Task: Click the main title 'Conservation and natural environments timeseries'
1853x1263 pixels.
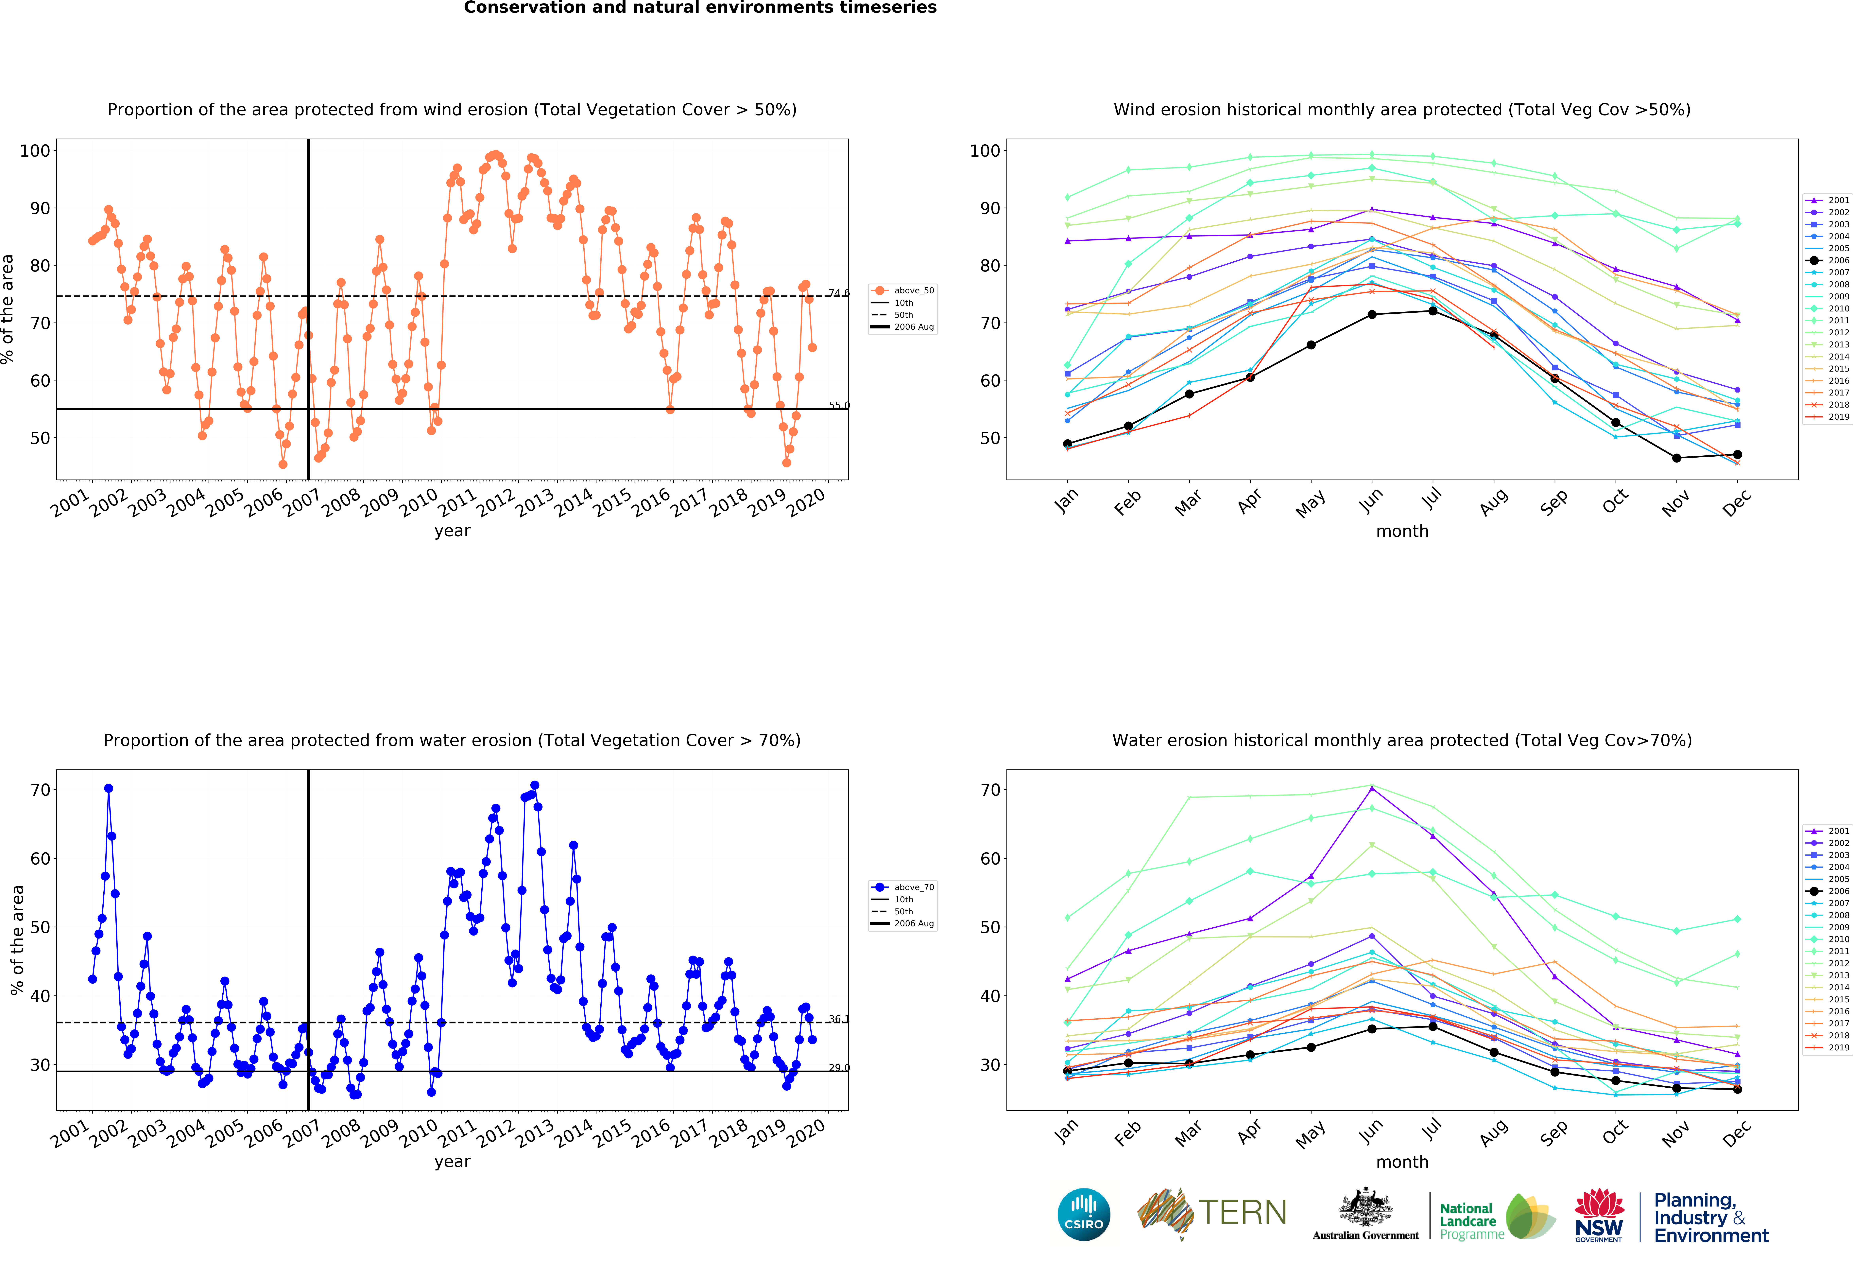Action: click(700, 8)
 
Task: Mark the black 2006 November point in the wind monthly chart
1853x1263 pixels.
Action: click(1676, 458)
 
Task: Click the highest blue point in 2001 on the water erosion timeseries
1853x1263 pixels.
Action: click(109, 789)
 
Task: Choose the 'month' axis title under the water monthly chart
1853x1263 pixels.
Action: click(1402, 1162)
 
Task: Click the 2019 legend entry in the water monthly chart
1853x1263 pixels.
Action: click(1831, 1047)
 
